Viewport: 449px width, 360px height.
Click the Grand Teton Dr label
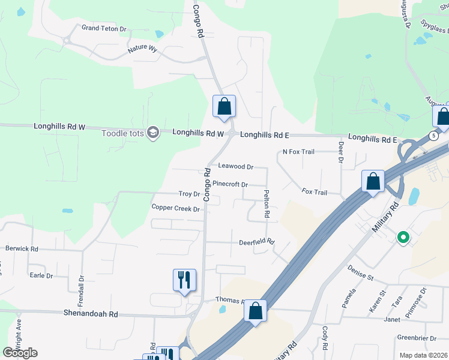click(x=104, y=28)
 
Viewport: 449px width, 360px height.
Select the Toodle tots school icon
click(x=153, y=133)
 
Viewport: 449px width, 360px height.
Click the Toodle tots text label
click(x=123, y=133)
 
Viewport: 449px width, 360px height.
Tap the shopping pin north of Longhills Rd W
click(x=224, y=106)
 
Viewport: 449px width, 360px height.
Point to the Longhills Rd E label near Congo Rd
click(x=265, y=136)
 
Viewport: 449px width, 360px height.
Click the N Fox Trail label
click(x=298, y=152)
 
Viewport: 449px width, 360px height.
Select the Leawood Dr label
click(x=235, y=166)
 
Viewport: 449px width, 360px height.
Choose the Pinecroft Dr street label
click(x=230, y=184)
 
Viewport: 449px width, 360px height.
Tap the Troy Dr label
click(x=189, y=194)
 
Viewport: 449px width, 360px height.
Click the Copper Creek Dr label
click(x=175, y=208)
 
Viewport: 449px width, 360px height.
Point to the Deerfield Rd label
click(x=256, y=242)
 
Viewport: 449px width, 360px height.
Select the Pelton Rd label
click(x=267, y=204)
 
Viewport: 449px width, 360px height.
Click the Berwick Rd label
click(x=22, y=248)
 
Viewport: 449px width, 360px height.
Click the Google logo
click(x=20, y=353)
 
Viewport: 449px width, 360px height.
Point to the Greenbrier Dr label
click(x=417, y=338)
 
